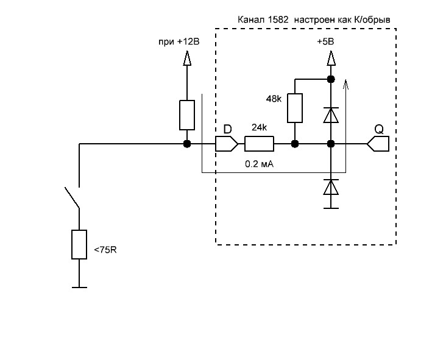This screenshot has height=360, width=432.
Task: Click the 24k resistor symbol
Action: [259, 144]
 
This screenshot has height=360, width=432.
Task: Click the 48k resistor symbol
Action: [295, 108]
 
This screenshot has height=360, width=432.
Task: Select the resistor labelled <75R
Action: [79, 245]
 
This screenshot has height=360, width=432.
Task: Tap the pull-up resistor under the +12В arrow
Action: [187, 115]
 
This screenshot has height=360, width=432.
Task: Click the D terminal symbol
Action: [226, 144]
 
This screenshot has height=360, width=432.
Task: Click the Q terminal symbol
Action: [378, 144]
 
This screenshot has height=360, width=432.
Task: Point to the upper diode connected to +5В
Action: [330, 115]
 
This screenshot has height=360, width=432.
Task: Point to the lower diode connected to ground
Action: [330, 187]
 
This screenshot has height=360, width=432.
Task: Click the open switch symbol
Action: [73, 198]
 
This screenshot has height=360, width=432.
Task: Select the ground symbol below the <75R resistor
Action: [79, 286]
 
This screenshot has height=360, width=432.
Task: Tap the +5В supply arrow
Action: [330, 58]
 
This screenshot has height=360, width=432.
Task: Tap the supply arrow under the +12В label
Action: [187, 58]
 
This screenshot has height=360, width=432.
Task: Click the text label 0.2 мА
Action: [258, 164]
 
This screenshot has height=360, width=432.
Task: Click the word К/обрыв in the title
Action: [372, 20]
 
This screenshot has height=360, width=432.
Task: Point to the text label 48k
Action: [273, 99]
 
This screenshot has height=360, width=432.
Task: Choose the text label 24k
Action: [260, 129]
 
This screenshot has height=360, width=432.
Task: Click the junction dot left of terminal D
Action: [187, 144]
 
